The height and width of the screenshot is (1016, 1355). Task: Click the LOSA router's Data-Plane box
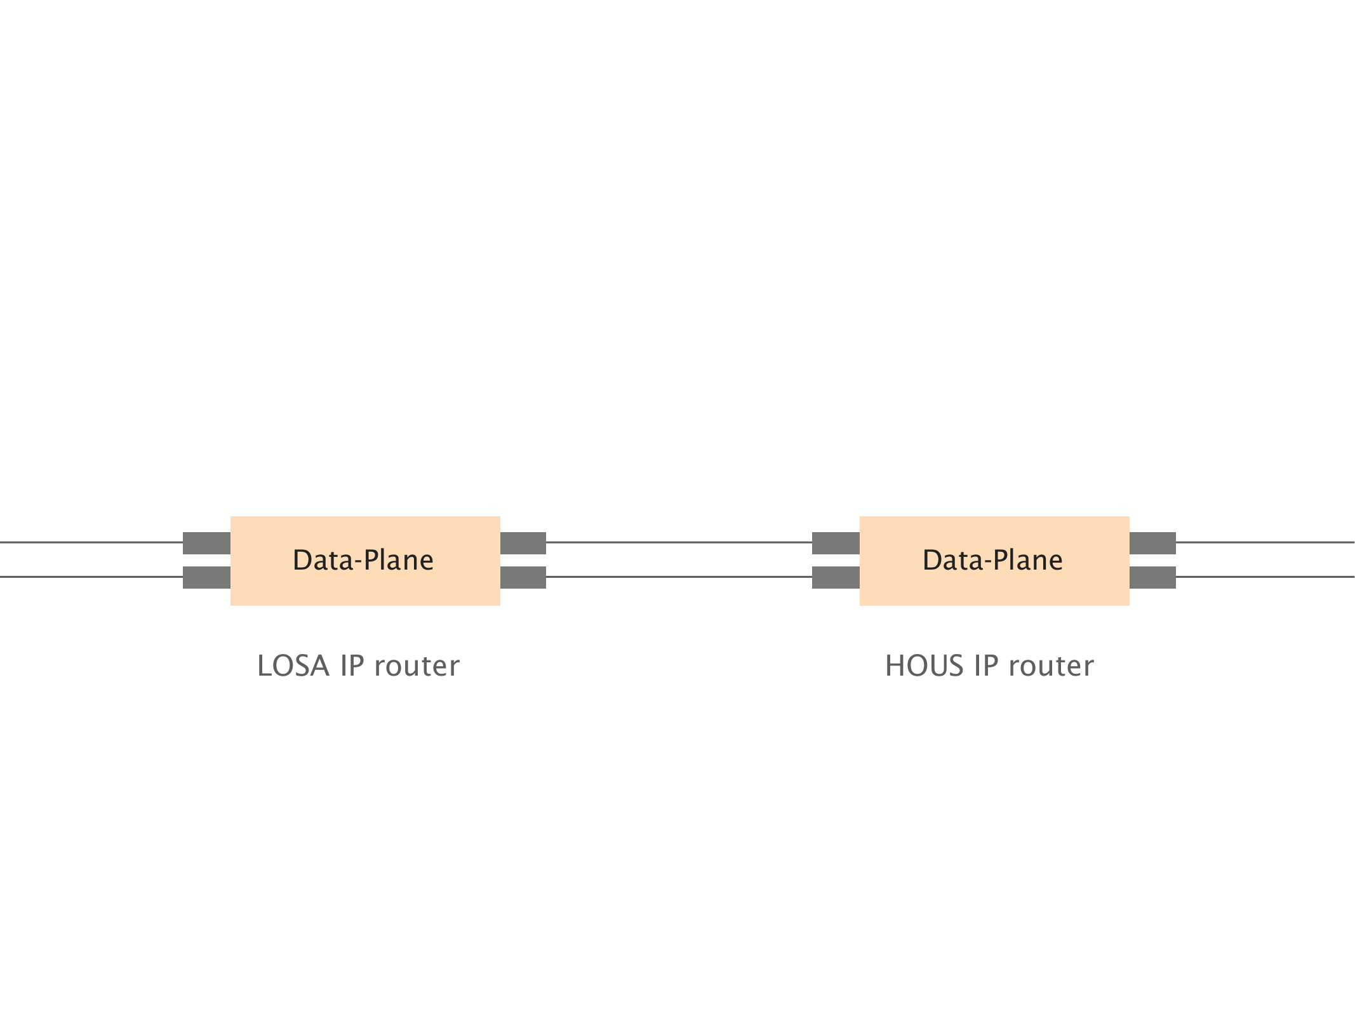pos(365,561)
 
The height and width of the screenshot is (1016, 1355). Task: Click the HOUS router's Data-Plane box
pos(994,561)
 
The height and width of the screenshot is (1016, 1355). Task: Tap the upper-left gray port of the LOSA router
pos(206,543)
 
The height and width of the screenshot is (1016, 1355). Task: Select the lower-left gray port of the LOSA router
pos(206,577)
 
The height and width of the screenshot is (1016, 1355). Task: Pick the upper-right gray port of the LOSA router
pos(523,543)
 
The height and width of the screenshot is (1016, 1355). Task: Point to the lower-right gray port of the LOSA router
pos(523,577)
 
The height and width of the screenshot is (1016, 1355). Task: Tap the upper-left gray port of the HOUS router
pos(836,543)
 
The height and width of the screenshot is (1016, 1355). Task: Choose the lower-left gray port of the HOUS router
pos(836,577)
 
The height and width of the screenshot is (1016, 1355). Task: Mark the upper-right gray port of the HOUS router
pos(1152,543)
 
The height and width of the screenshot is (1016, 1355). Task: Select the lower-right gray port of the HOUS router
pos(1152,577)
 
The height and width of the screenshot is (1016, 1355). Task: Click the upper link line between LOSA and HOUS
pos(679,542)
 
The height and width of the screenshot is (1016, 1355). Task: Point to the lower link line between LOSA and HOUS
pos(679,577)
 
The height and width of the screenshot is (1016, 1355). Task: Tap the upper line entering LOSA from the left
pos(91,542)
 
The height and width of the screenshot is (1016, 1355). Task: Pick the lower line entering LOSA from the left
pos(91,577)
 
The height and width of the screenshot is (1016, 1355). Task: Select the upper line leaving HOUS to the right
pos(1265,542)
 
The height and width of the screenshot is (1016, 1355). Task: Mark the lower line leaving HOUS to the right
pos(1265,577)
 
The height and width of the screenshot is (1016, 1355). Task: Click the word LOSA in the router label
pos(293,666)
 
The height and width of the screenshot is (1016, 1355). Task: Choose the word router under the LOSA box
pos(417,666)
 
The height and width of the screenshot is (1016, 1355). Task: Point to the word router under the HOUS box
pos(1051,666)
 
